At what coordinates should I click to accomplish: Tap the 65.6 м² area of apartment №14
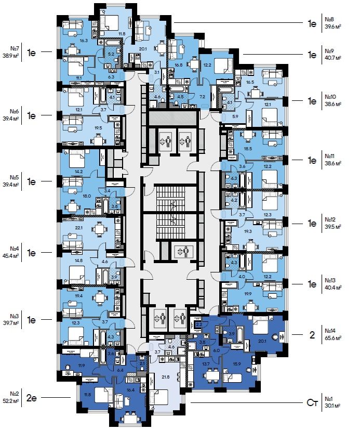click(x=333, y=338)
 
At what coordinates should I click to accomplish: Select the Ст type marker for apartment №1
click(x=311, y=402)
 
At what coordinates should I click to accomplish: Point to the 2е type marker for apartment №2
click(x=31, y=399)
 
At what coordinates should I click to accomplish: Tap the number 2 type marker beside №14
click(x=312, y=335)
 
